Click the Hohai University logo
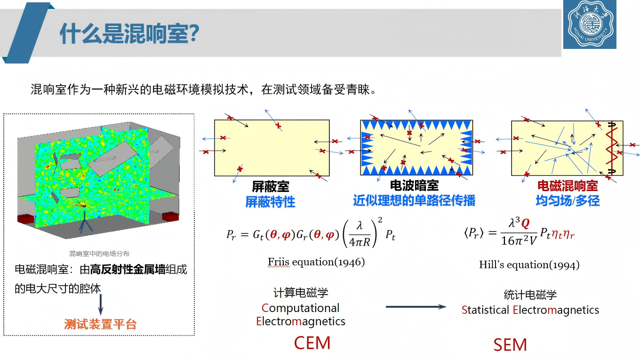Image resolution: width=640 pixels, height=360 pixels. click(590, 24)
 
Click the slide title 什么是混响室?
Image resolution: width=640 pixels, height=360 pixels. click(129, 33)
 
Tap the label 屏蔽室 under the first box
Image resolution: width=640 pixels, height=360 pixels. click(270, 186)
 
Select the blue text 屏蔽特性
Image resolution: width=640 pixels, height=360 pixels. click(270, 202)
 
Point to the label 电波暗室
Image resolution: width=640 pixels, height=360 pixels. click(414, 185)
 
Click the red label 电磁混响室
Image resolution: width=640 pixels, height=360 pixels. click(568, 186)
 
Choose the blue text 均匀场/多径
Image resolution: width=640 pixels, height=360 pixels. click(568, 200)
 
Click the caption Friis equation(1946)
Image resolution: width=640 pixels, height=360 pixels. click(316, 262)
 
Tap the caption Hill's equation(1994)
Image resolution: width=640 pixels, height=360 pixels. click(529, 264)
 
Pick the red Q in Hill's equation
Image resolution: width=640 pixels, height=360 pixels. click(525, 223)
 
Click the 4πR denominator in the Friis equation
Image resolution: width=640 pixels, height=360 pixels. click(360, 242)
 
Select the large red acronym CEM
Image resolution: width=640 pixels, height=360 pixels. click(312, 343)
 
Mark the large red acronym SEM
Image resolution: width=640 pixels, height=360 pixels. click(510, 345)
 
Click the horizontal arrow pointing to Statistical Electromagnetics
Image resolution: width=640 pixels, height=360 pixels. click(416, 307)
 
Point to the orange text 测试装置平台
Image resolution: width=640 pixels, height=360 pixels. click(100, 324)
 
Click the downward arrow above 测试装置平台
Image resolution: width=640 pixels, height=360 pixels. click(101, 304)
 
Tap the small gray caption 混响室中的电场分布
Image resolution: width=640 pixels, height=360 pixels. click(99, 254)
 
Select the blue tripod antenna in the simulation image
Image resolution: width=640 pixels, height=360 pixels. click(85, 222)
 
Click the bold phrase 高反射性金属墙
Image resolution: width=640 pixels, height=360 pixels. click(128, 270)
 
